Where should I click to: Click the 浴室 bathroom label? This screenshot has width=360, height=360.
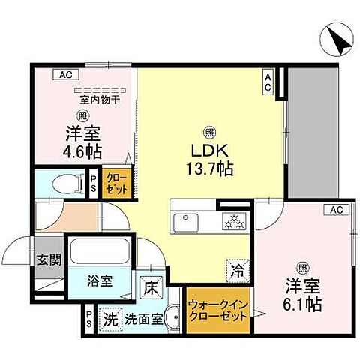coord(101,282)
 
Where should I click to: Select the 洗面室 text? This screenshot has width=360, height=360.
coord(142,317)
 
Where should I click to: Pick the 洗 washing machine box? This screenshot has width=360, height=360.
coord(110,317)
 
